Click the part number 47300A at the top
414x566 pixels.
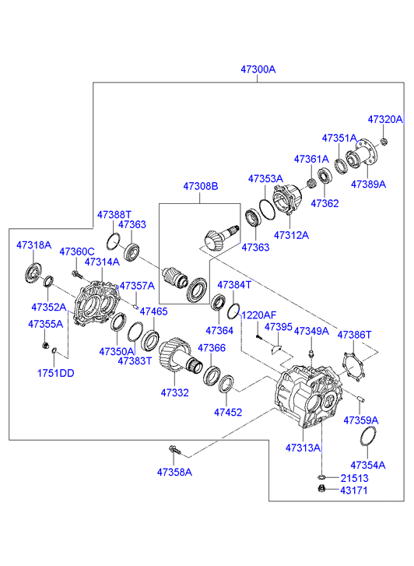tap(258, 69)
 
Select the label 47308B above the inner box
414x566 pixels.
tap(201, 186)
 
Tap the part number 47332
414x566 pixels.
tap(174, 392)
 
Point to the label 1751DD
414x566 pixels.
tap(55, 373)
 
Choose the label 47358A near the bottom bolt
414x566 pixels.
tap(174, 472)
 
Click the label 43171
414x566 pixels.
tap(354, 490)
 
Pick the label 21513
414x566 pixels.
tap(354, 478)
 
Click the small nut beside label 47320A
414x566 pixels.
tap(384, 141)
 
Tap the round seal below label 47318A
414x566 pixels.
tap(33, 273)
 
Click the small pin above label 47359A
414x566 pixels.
tap(361, 399)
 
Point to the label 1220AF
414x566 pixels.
tap(258, 315)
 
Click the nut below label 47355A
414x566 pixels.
tap(45, 346)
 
